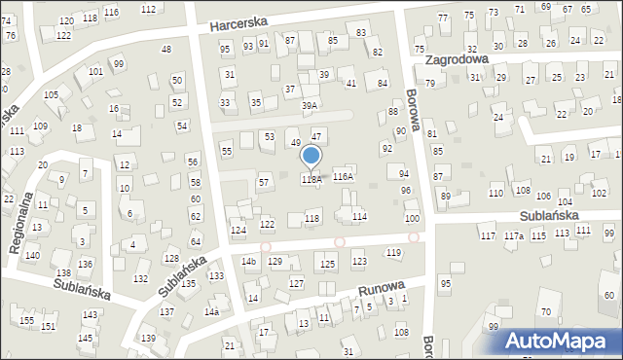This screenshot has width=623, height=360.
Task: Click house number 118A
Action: (x=311, y=179)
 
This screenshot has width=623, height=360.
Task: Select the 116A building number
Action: (x=343, y=177)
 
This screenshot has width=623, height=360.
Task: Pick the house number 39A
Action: (x=310, y=105)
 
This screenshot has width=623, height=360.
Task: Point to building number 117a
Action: (x=514, y=236)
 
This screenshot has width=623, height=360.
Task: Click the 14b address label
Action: (x=249, y=262)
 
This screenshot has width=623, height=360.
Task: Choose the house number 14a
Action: (x=211, y=312)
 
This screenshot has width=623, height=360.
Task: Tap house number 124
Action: (x=238, y=231)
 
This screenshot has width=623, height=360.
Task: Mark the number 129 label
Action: (x=275, y=262)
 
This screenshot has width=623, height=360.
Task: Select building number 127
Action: (x=297, y=283)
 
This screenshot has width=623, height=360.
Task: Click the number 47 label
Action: (x=316, y=136)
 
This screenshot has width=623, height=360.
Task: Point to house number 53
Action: (x=269, y=137)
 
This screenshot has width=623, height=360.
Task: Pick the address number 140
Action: (x=32, y=255)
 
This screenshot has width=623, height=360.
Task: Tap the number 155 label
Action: (x=26, y=320)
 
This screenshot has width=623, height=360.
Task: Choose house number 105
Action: (x=51, y=94)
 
